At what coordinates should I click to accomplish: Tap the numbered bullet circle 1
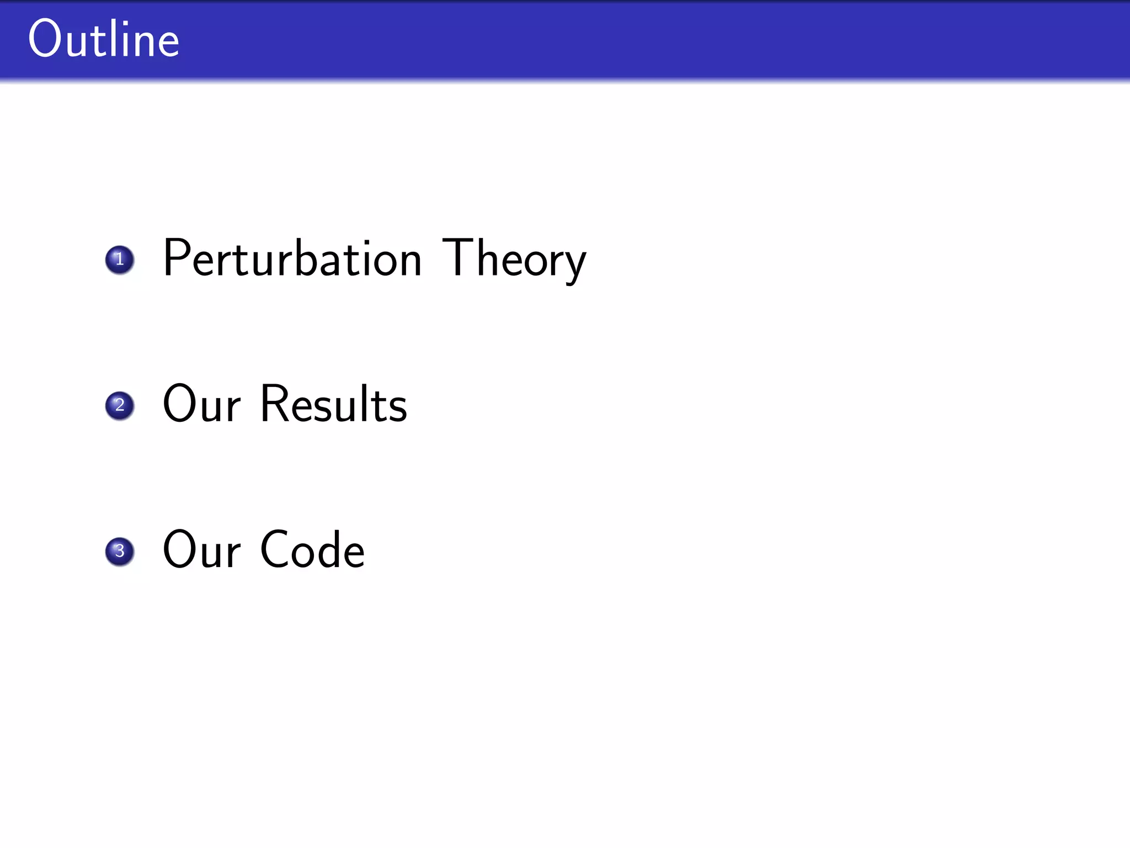pyautogui.click(x=120, y=259)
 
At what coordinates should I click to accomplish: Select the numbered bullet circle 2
pyautogui.click(x=120, y=406)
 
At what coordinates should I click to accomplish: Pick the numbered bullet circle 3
pyautogui.click(x=120, y=552)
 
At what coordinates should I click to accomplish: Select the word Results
pyautogui.click(x=334, y=404)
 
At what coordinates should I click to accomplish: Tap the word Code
pyautogui.click(x=313, y=550)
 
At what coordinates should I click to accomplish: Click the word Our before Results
pyautogui.click(x=202, y=404)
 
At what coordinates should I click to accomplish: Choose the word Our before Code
pyautogui.click(x=202, y=550)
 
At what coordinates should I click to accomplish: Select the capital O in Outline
pyautogui.click(x=44, y=39)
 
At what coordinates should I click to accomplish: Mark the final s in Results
pyautogui.click(x=398, y=410)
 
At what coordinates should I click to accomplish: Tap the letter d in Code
pyautogui.click(x=327, y=550)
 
